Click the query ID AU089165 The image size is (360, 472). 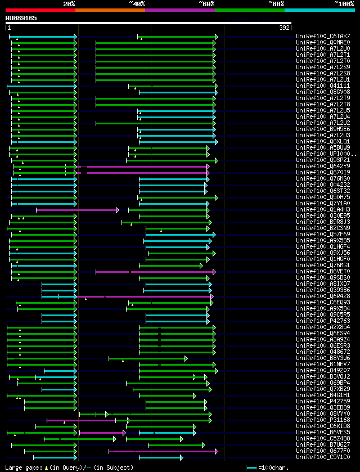(x=21, y=18)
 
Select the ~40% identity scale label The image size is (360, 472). (x=137, y=3)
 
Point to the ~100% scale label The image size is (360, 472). (x=344, y=3)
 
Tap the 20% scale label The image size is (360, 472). (x=69, y=3)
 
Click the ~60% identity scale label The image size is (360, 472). (x=206, y=3)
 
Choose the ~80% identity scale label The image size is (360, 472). (x=276, y=3)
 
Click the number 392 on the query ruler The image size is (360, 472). (x=285, y=27)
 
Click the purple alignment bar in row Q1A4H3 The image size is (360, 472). (x=76, y=210)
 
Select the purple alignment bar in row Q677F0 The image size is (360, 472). (x=163, y=451)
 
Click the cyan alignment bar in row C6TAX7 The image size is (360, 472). (x=42, y=36)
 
